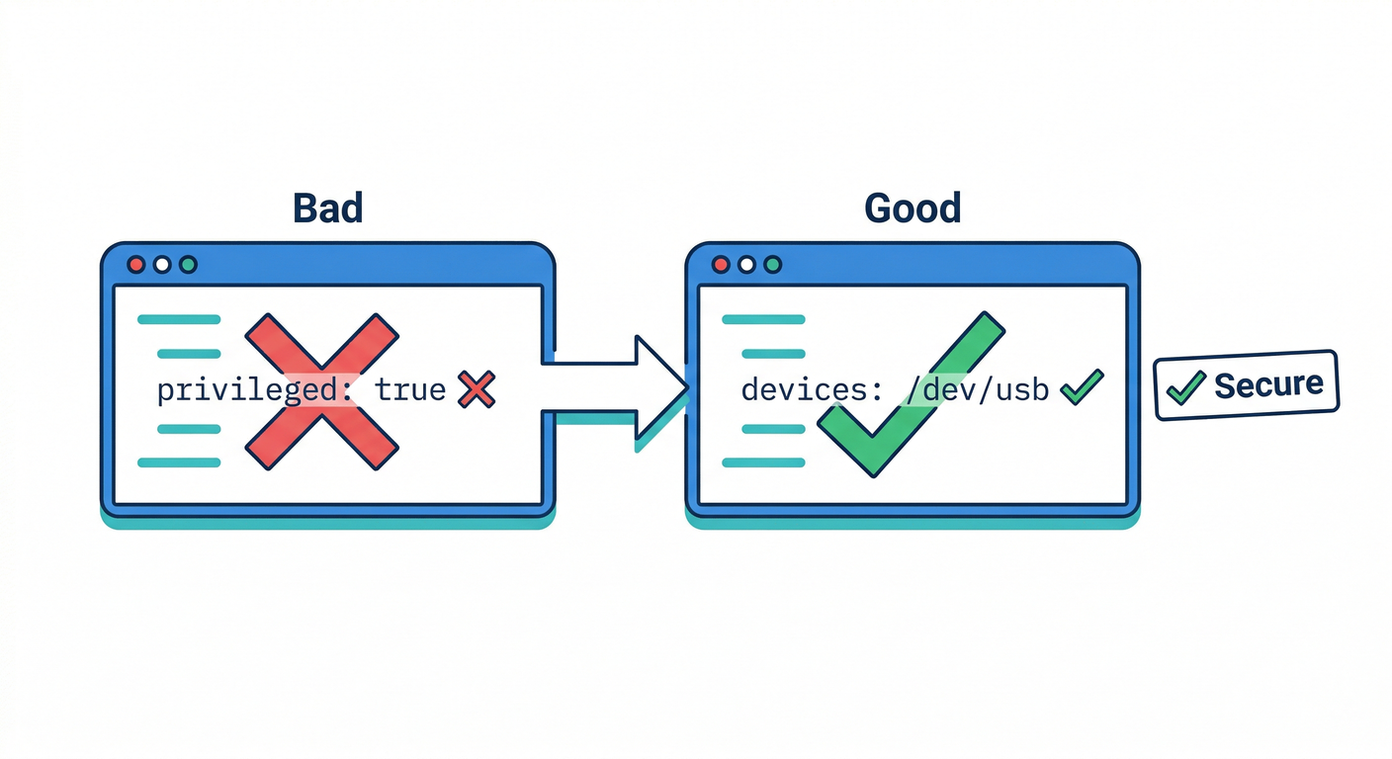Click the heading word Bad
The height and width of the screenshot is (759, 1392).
pyautogui.click(x=328, y=209)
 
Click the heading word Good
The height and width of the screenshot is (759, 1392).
pyautogui.click(x=913, y=209)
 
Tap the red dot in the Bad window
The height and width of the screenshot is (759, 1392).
pyautogui.click(x=136, y=265)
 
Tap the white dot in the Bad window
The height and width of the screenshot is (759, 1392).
pyautogui.click(x=162, y=265)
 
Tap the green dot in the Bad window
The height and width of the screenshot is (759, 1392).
pyautogui.click(x=188, y=265)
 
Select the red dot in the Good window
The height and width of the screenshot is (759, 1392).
pyautogui.click(x=721, y=265)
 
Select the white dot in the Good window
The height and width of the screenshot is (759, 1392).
pyautogui.click(x=746, y=265)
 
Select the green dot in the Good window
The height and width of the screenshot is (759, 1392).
pyautogui.click(x=773, y=265)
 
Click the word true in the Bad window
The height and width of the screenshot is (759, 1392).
pyautogui.click(x=410, y=390)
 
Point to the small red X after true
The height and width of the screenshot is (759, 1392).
pyautogui.click(x=477, y=390)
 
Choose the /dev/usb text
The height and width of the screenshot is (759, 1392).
pyautogui.click(x=976, y=390)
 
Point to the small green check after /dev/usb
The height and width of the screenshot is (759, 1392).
pyautogui.click(x=1081, y=388)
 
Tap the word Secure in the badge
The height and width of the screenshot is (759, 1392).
pyautogui.click(x=1268, y=384)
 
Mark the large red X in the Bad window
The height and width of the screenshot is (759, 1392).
pyautogui.click(x=321, y=390)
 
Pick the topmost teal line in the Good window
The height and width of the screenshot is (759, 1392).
pyautogui.click(x=763, y=319)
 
